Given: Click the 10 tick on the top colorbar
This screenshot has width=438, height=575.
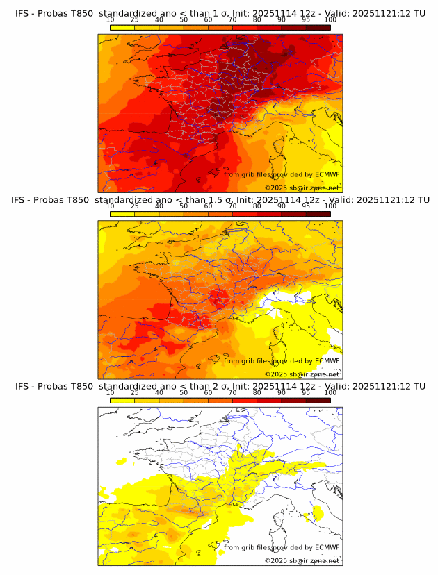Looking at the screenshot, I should click(111, 20).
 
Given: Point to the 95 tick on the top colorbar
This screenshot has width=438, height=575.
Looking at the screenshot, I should click(306, 20).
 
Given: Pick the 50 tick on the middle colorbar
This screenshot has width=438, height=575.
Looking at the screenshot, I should click(184, 206).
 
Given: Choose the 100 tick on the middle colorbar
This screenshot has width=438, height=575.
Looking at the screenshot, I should click(330, 206).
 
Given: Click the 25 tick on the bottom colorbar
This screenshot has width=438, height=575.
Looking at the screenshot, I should click(135, 392).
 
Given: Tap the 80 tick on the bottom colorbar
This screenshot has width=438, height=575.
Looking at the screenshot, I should click(257, 392).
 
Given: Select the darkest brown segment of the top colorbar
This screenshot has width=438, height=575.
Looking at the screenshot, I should click(318, 28).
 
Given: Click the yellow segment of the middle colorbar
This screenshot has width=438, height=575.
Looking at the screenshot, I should click(122, 214).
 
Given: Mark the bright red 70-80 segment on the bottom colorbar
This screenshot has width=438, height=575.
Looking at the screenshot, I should click(245, 400).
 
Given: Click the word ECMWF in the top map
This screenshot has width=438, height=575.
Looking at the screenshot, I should click(327, 174).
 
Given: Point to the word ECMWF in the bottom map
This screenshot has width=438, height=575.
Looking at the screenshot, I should click(327, 547).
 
